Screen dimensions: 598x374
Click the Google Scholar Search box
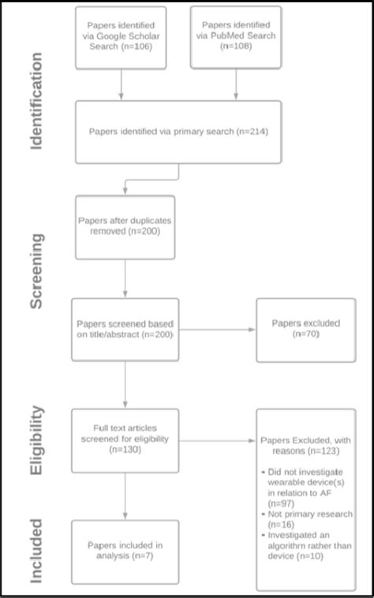coord(121,38)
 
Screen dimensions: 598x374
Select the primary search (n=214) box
coord(179,131)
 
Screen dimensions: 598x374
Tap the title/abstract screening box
coord(125,329)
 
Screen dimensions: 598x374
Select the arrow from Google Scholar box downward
coord(121,84)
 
